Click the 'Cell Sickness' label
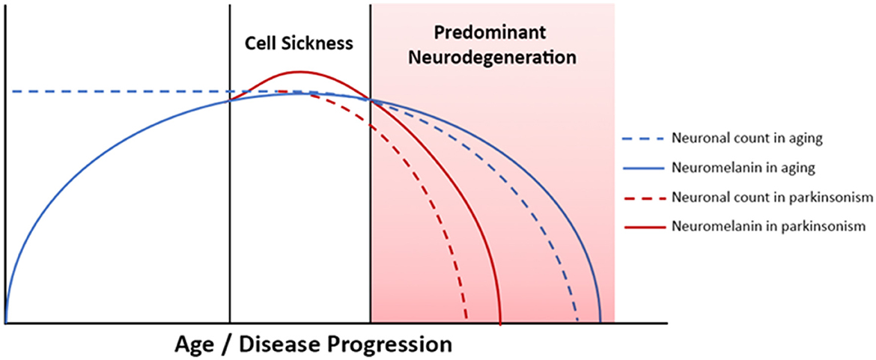click(300, 43)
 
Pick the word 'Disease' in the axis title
click(277, 344)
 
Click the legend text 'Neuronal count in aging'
click(747, 139)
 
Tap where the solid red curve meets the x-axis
click(500, 323)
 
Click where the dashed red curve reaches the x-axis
click(466, 322)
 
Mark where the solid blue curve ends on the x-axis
click(600, 322)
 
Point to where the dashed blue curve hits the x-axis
click(578, 322)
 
